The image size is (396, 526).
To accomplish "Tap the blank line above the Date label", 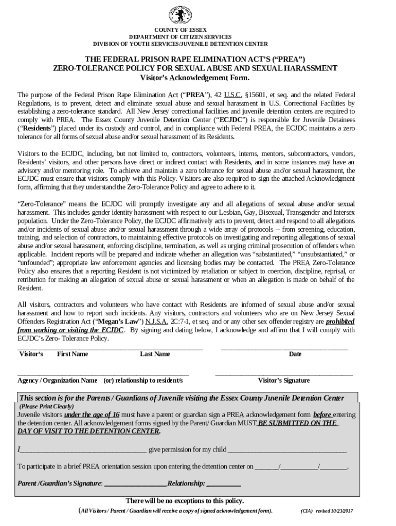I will [x=284, y=349].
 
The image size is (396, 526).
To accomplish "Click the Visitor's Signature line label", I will [x=283, y=381].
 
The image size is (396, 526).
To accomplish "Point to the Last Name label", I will [x=155, y=354].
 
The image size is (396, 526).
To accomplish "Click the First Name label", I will [x=72, y=354].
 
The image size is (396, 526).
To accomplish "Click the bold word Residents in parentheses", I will [x=37, y=128].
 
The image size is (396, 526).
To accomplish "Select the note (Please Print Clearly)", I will [x=47, y=406].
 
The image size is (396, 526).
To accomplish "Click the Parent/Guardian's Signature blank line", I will [x=136, y=484].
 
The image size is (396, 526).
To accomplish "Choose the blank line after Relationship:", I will [x=224, y=484].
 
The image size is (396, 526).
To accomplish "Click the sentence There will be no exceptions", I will [x=185, y=501].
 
